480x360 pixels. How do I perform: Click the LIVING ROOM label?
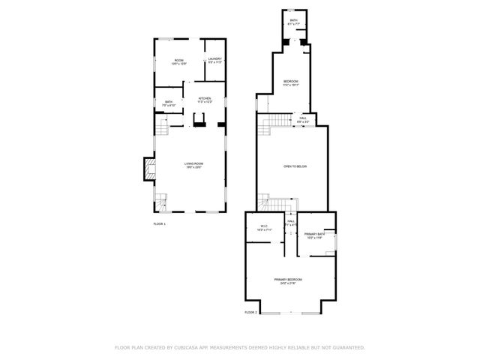click(x=194, y=163)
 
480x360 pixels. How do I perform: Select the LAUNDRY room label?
click(x=215, y=58)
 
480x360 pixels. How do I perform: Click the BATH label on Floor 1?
click(x=169, y=102)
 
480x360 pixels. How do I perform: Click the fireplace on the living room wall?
click(x=148, y=169)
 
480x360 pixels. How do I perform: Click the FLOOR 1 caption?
click(x=159, y=224)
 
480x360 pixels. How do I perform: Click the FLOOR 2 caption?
click(x=250, y=312)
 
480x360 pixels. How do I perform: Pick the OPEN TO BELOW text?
click(x=295, y=166)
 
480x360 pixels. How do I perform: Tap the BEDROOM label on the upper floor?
click(x=291, y=82)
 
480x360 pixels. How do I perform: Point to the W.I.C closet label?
click(x=264, y=226)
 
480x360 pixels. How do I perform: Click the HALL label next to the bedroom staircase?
click(x=303, y=117)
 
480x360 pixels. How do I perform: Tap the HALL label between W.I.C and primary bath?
click(x=291, y=222)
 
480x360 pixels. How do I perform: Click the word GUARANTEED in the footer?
click(x=347, y=347)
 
